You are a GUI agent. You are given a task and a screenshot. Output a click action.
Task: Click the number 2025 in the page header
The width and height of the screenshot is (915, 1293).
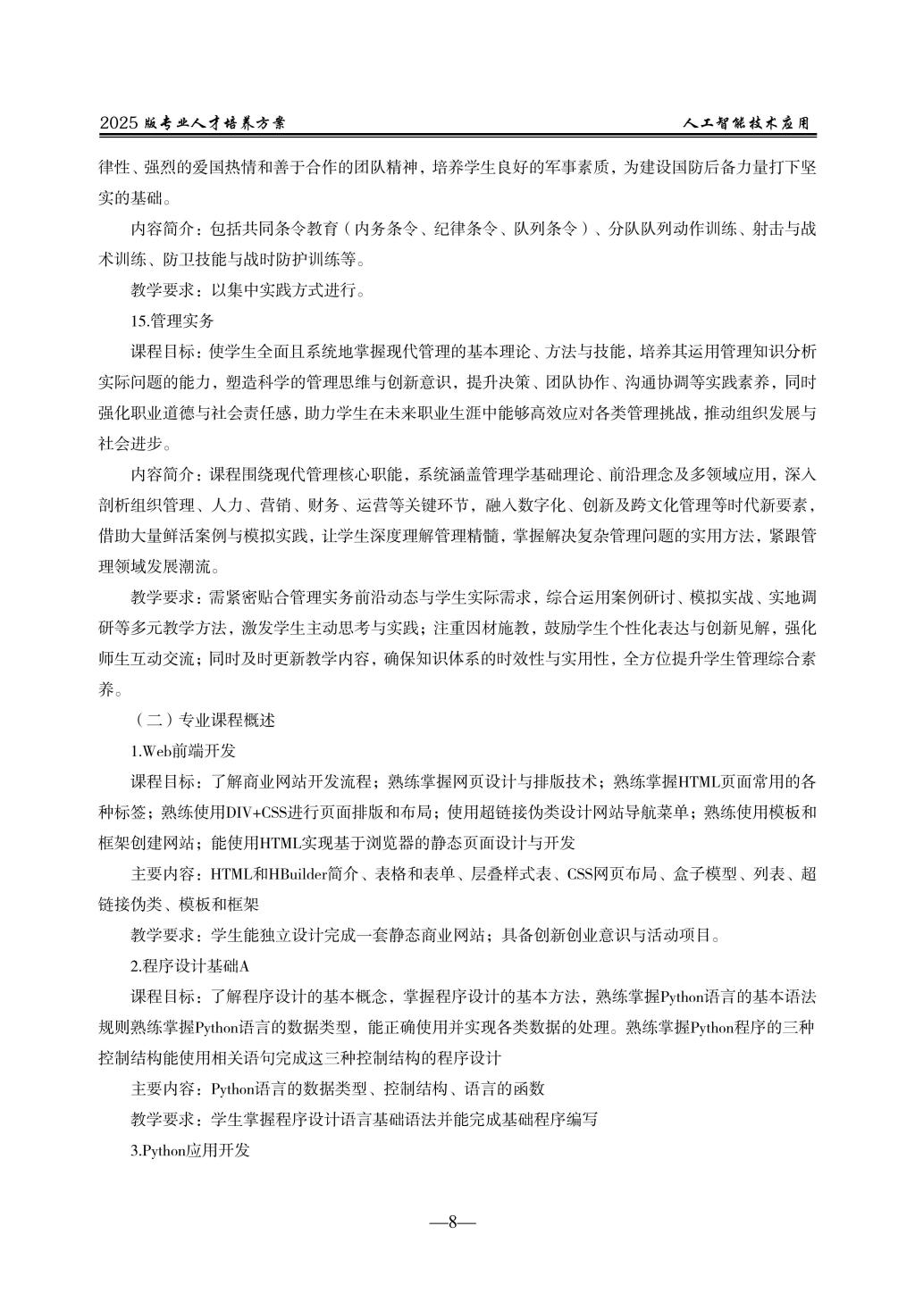[x=119, y=124]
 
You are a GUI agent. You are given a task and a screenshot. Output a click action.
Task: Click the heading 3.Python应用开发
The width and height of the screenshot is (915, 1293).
[x=190, y=1150]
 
